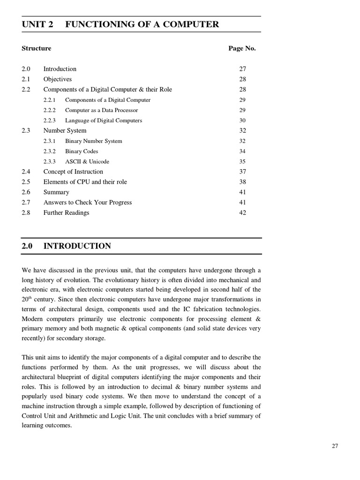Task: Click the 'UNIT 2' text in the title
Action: click(x=37, y=24)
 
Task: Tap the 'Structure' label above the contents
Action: click(x=37, y=48)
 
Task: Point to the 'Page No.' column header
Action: click(x=242, y=48)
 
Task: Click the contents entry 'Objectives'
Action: click(x=58, y=79)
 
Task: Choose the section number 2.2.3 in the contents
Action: click(x=49, y=120)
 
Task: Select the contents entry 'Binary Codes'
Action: click(x=82, y=151)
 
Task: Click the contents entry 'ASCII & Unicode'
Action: click(x=87, y=162)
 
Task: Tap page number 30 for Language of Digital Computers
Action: click(x=242, y=120)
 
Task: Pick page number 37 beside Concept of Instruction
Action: click(x=242, y=172)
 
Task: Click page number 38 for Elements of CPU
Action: click(x=242, y=182)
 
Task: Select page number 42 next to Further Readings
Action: click(x=242, y=213)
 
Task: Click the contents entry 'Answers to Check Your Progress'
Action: click(x=88, y=202)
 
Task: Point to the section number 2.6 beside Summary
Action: click(x=26, y=192)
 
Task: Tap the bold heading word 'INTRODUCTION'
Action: click(x=77, y=246)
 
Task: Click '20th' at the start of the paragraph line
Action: click(x=27, y=299)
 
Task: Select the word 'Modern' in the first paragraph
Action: click(x=32, y=319)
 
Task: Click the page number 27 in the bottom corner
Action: click(x=335, y=446)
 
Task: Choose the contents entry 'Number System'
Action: click(x=65, y=131)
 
